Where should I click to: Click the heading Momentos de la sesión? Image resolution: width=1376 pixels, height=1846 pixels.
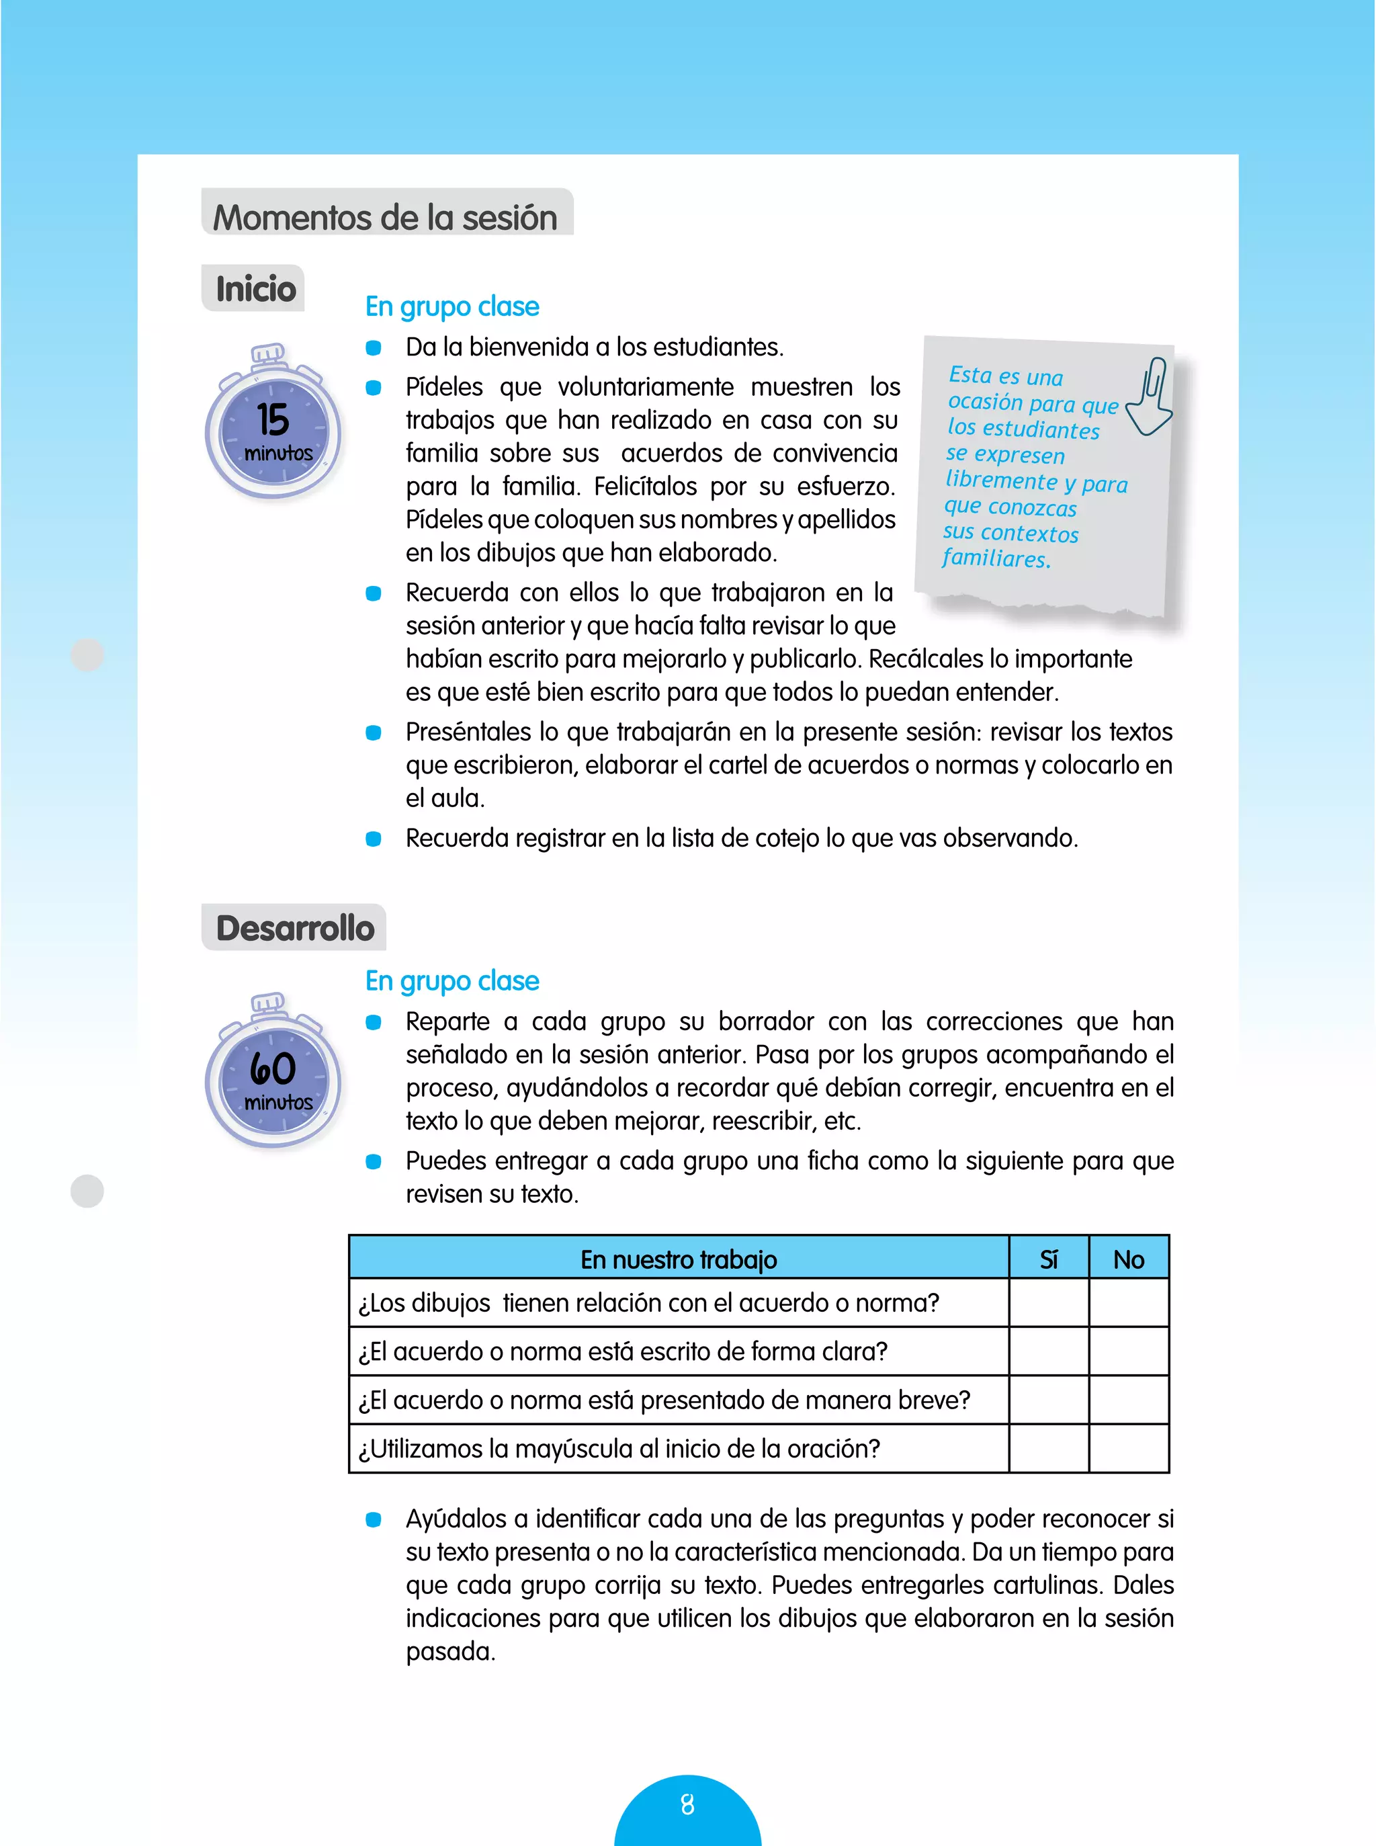pos(385,218)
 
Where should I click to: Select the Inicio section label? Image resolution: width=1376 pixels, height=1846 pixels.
pos(256,289)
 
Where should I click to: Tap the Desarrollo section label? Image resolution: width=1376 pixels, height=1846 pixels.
pos(295,928)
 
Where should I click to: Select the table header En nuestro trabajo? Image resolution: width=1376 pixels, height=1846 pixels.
pos(678,1259)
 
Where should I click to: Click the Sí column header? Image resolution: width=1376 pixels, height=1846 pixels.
pos(1048,1259)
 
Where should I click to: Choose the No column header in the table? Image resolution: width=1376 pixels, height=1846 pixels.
pos(1128,1259)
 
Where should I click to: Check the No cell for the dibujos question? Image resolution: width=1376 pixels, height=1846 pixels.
pos(1128,1303)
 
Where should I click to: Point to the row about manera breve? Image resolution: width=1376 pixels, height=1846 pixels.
pos(664,1400)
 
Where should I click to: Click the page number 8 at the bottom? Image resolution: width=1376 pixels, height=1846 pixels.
pos(687,1805)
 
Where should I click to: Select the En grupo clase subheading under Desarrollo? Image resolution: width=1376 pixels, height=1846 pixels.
pos(451,981)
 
